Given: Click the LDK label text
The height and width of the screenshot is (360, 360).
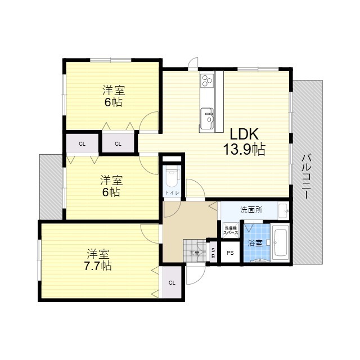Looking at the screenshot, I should point(242,134).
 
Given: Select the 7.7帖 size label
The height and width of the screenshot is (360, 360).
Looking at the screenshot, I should point(98,265).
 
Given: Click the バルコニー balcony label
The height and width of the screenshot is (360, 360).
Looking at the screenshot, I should point(307,177).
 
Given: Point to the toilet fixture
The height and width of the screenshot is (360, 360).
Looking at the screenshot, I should point(171,177).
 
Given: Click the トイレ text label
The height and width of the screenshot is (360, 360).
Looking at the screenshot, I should point(171,193).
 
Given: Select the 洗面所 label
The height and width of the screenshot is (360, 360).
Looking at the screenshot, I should point(251,210).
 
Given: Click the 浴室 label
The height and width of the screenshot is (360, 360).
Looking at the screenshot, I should point(255,243).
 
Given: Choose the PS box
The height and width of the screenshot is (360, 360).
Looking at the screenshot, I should point(230,253).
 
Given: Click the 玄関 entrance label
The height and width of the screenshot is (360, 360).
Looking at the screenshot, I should point(194,253).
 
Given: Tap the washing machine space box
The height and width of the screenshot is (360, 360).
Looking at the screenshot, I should point(231,229).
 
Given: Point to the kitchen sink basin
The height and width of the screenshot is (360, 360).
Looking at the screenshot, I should point(210,119).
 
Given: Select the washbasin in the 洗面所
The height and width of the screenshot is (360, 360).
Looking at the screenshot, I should point(284,210).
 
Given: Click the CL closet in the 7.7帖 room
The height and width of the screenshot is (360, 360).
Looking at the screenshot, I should point(172,282).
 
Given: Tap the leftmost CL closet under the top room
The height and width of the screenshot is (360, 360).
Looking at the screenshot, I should point(82,143).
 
